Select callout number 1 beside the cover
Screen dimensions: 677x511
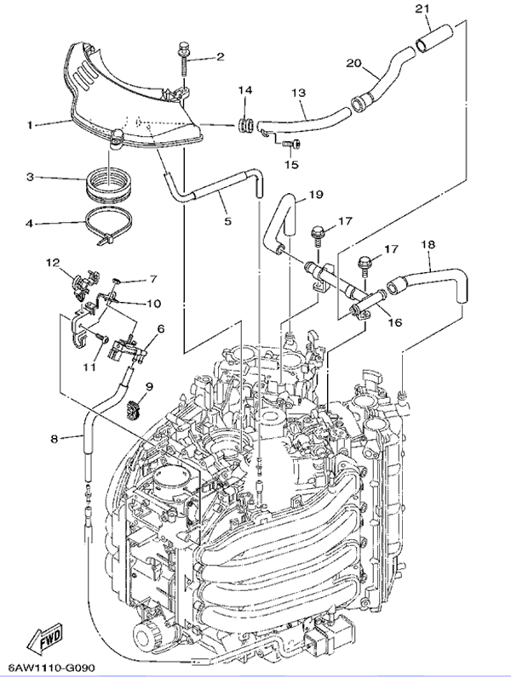29,125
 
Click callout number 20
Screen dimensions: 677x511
354,64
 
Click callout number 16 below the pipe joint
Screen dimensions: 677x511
394,322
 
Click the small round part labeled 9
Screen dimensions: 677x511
132,407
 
